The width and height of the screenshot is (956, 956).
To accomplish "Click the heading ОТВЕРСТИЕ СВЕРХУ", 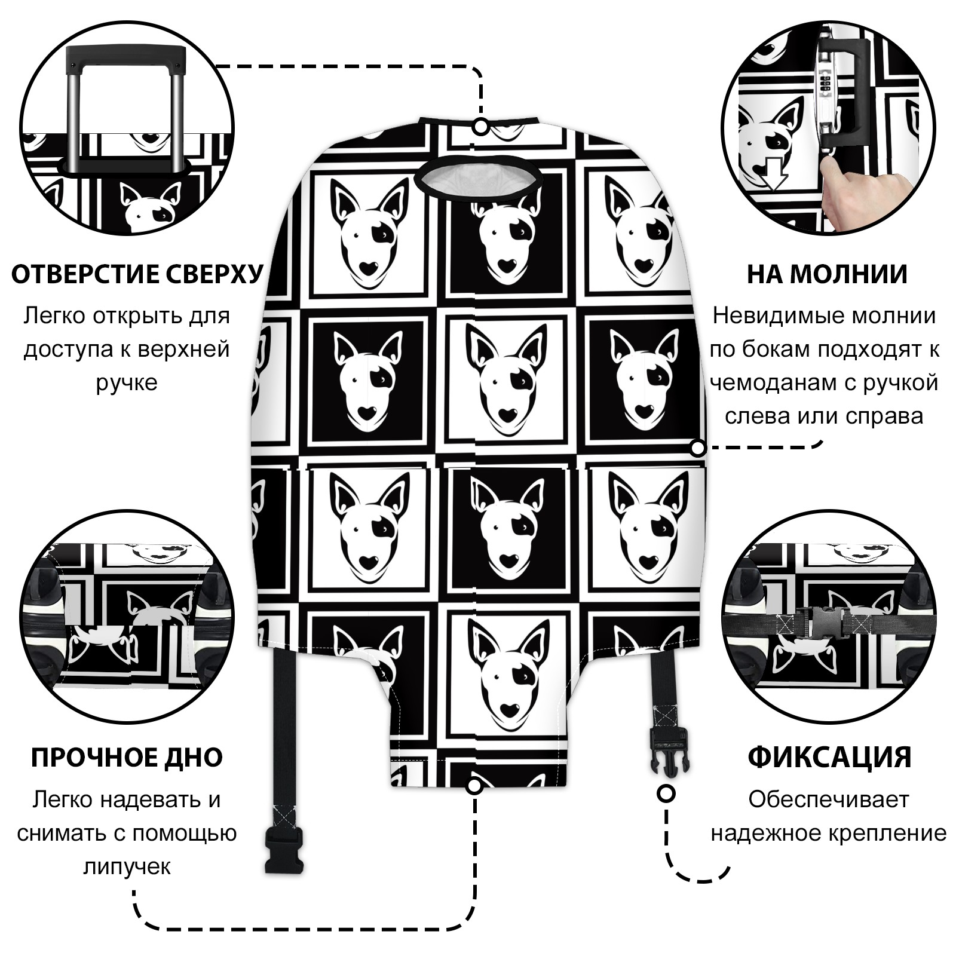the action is tap(137, 274).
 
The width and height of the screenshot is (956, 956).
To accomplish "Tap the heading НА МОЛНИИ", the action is tap(827, 274).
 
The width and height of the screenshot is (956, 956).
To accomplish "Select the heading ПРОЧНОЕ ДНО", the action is tap(127, 757).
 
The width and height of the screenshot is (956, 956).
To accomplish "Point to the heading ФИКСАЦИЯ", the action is tap(829, 757).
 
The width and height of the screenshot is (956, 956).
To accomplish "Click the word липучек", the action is tap(127, 866).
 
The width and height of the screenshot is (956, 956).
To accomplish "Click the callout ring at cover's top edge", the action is tap(480, 127).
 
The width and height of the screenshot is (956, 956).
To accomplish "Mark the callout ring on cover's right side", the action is tap(697, 448).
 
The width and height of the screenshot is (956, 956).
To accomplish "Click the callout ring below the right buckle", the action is tap(666, 793).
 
